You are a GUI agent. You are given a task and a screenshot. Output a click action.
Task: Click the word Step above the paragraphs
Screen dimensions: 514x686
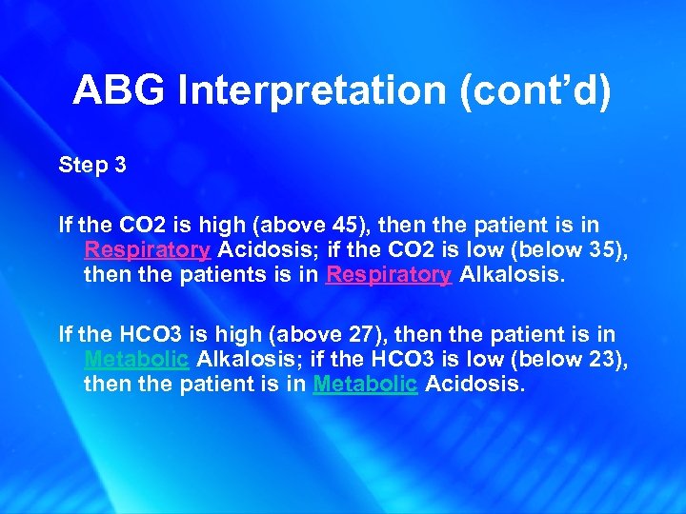[x=83, y=165]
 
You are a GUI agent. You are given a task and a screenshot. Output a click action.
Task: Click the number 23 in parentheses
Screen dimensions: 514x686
[x=587, y=360]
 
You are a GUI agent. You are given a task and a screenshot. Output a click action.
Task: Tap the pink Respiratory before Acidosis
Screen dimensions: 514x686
[x=147, y=250]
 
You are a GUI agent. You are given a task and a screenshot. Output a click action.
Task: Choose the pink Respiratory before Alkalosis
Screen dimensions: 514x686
[x=389, y=275]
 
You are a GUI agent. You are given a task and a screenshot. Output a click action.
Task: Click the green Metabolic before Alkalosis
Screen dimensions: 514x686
[x=136, y=360]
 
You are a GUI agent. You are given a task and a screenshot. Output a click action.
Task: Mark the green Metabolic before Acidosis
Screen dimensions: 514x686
[x=365, y=385]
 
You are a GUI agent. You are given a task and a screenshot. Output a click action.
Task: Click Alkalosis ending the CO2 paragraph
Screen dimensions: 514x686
[x=511, y=275]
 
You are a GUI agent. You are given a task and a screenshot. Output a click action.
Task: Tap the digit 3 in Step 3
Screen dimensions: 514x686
[x=120, y=165]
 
